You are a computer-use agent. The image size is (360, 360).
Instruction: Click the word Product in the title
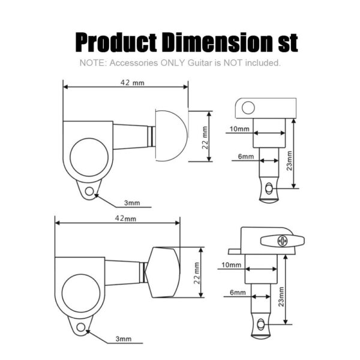(116, 43)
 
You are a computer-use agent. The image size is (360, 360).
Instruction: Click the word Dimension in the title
(217, 42)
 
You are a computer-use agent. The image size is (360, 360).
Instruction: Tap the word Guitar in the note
(200, 62)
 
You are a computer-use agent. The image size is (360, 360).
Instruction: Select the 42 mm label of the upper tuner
(133, 82)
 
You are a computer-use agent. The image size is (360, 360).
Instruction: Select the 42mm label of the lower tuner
(125, 218)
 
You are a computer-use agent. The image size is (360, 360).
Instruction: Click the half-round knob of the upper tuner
(171, 135)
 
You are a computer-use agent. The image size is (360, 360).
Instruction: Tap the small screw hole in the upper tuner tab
(89, 191)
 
